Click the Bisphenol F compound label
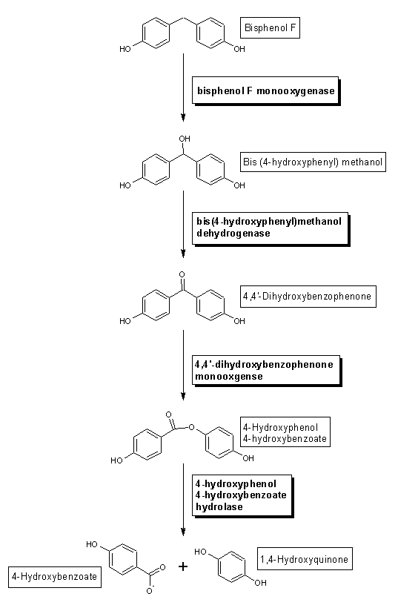coord(270,27)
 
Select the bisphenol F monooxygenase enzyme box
coord(266,90)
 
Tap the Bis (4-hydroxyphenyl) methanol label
coord(313,162)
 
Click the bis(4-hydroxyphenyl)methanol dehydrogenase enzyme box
coord(271,229)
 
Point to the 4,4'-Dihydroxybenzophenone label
coord(308,297)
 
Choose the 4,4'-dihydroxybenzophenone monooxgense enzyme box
coord(267,371)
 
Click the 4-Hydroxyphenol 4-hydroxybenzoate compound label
coord(285,432)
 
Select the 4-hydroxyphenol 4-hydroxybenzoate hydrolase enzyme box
coord(242,496)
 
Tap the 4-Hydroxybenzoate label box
coord(55,577)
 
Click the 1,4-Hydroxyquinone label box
coord(305,559)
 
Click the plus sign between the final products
coord(183,566)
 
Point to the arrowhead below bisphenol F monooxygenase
coord(183,117)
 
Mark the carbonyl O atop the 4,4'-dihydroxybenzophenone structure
coord(182,274)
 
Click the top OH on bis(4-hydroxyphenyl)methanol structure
coord(185,139)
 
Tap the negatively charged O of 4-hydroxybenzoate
coord(150,590)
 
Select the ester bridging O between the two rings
coord(191,428)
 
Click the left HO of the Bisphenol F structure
coord(125,49)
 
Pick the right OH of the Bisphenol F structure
coord(239,49)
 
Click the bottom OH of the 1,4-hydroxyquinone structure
coord(260,582)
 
